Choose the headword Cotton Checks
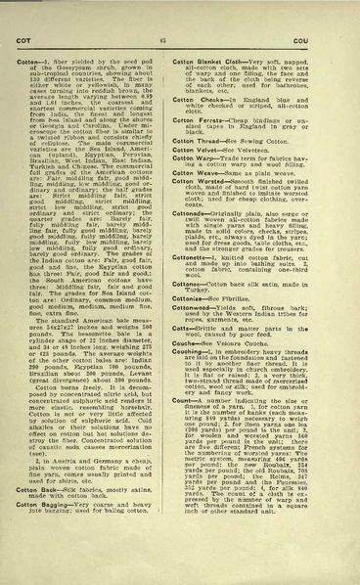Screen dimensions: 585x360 tap(209, 99)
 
